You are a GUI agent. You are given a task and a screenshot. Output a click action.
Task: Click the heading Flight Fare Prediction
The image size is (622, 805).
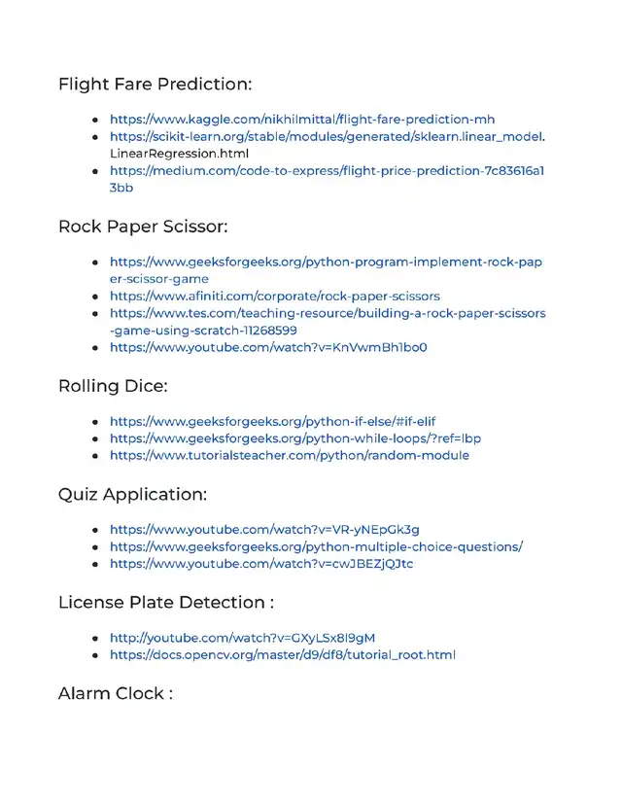pyautogui.click(x=155, y=84)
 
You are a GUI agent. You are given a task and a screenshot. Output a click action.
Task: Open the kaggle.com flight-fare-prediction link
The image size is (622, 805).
pyautogui.click(x=302, y=120)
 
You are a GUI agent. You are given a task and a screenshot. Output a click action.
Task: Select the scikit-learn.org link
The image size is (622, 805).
pyautogui.click(x=327, y=137)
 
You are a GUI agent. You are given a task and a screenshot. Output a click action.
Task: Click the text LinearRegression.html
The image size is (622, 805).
pyautogui.click(x=180, y=154)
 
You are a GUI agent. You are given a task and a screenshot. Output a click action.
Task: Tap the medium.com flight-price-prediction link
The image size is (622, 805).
pyautogui.click(x=327, y=171)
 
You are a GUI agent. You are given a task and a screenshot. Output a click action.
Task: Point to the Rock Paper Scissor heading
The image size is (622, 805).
pyautogui.click(x=143, y=227)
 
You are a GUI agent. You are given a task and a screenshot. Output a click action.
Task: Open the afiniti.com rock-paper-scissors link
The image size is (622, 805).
pyautogui.click(x=274, y=296)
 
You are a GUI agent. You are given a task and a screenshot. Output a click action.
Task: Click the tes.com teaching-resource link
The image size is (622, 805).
pyautogui.click(x=327, y=313)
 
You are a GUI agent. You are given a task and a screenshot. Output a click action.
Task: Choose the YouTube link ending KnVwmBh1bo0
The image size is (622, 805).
pyautogui.click(x=268, y=347)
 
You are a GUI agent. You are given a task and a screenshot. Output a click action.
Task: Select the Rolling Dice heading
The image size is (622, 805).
pyautogui.click(x=113, y=386)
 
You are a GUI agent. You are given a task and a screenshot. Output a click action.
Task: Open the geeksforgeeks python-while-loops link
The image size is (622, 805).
pyautogui.click(x=294, y=438)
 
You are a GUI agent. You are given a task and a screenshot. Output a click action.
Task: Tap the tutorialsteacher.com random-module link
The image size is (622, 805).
pyautogui.click(x=289, y=455)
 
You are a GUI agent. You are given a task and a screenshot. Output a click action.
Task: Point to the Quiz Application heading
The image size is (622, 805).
pyautogui.click(x=132, y=494)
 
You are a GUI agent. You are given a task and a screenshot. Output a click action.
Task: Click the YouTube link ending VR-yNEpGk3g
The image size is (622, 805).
pyautogui.click(x=264, y=530)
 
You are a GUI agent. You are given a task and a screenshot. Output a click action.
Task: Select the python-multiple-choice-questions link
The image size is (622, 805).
pyautogui.click(x=316, y=546)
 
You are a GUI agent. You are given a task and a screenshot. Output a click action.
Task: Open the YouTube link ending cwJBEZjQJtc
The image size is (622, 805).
pyautogui.click(x=261, y=564)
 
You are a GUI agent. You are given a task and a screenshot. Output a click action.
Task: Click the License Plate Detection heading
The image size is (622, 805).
pyautogui.click(x=165, y=602)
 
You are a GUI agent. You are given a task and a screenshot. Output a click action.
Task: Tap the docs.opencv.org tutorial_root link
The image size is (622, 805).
pyautogui.click(x=282, y=655)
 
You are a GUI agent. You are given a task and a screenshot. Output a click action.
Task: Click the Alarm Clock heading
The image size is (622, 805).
pyautogui.click(x=116, y=693)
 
